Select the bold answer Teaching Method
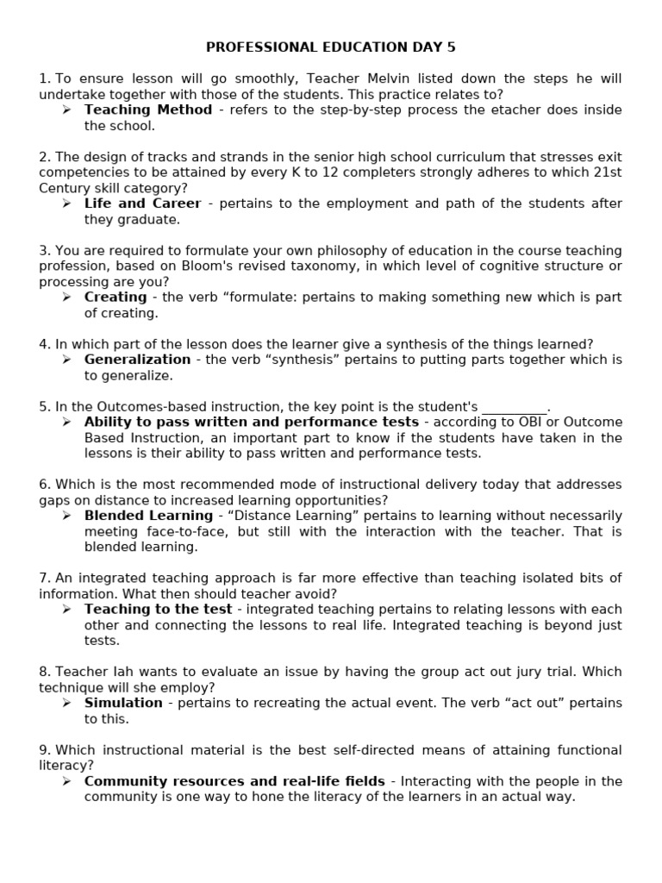click(147, 110)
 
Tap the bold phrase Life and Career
click(142, 204)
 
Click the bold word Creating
click(115, 297)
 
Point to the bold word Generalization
click(137, 360)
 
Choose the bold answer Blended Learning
click(148, 516)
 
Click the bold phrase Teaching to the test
click(158, 610)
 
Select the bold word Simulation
click(123, 703)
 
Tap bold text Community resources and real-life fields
click(234, 781)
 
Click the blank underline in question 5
click(515, 406)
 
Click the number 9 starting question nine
click(43, 750)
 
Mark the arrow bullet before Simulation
click(66, 703)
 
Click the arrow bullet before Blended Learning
click(66, 516)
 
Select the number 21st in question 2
click(604, 172)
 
